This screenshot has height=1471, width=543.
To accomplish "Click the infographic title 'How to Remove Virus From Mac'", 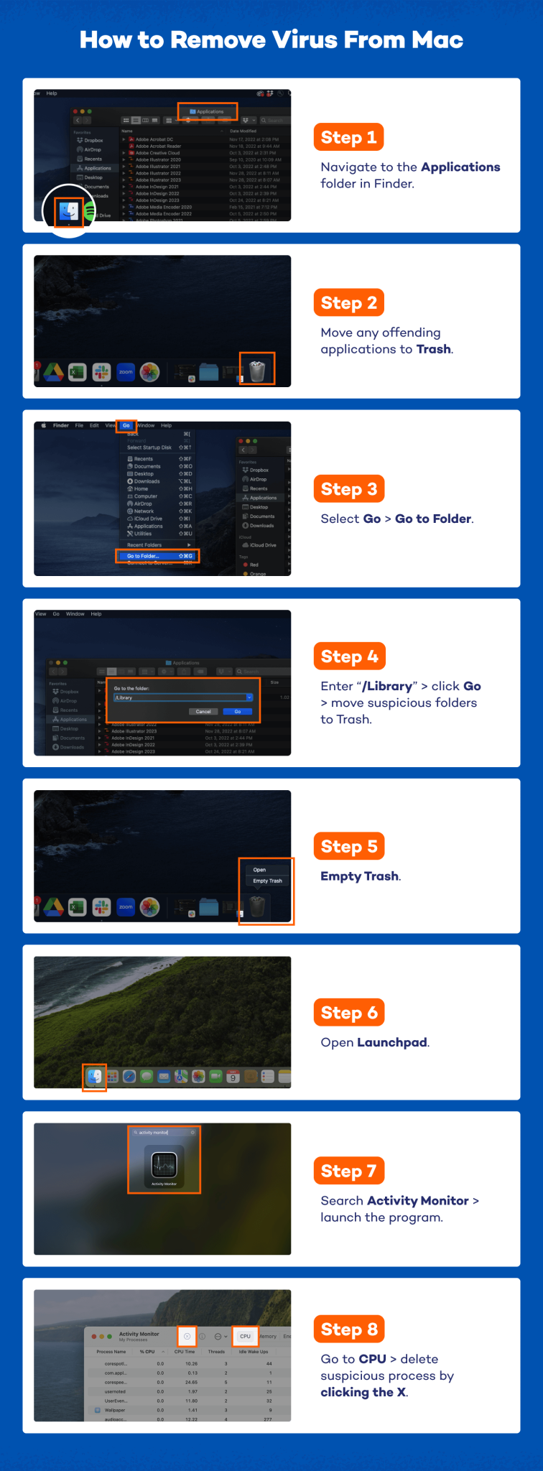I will tap(271, 40).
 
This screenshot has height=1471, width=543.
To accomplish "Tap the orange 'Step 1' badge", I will tap(348, 137).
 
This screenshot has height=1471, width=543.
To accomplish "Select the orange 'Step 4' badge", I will tap(349, 656).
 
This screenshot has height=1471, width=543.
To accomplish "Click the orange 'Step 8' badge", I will tap(349, 1330).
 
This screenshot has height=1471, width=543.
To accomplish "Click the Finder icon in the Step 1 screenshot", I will tap(69, 211).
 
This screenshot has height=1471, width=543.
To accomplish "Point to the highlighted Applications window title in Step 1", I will tap(208, 111).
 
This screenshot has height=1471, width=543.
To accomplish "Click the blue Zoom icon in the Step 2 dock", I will tap(126, 372).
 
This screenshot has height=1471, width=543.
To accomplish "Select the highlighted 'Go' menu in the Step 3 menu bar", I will tap(126, 425).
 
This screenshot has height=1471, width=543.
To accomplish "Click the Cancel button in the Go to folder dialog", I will tap(203, 712).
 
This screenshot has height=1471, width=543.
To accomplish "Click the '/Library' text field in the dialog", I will tap(180, 697).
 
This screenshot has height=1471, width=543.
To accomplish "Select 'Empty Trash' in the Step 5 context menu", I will tap(267, 881).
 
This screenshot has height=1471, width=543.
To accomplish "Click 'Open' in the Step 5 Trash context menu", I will tap(259, 870).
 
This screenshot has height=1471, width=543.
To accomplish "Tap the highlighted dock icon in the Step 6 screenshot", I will tap(95, 1076).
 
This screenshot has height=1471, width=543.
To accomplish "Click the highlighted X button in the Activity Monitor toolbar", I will tap(187, 1336).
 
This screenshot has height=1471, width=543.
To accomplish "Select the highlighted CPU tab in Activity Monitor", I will tap(245, 1336).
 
